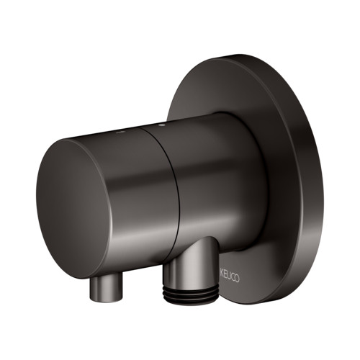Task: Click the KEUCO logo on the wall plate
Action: pos(230,277)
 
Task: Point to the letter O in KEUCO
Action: pos(237,279)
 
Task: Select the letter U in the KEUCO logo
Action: pos(229,277)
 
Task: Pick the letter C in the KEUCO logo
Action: pos(233,278)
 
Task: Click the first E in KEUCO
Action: pos(225,276)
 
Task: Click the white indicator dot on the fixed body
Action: pos(161,125)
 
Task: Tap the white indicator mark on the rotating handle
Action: pos(119,132)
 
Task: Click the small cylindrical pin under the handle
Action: pos(106,288)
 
